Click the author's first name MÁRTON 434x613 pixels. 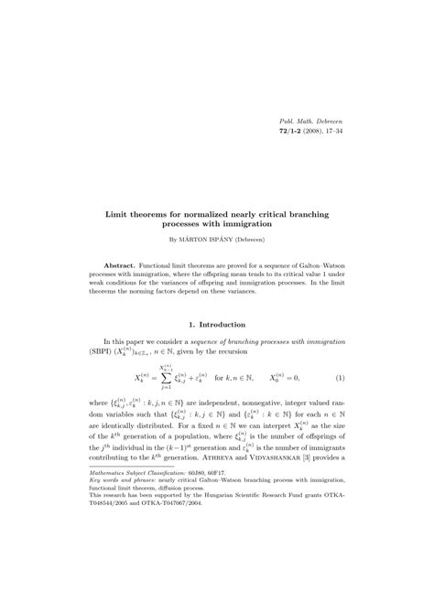click(x=207, y=240)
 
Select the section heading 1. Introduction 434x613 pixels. click(x=217, y=324)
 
